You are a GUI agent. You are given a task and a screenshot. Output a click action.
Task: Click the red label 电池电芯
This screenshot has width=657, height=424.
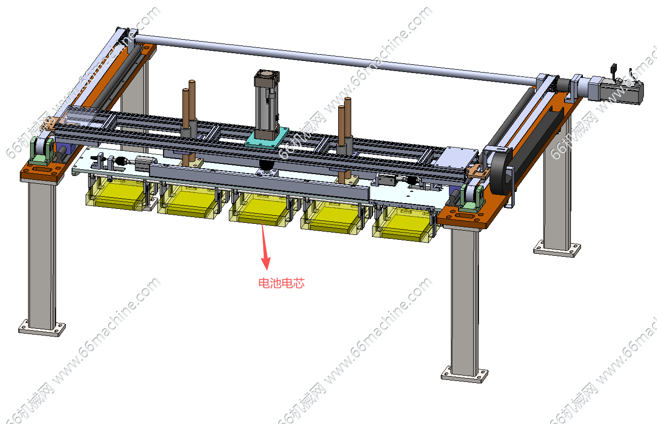(x=281, y=283)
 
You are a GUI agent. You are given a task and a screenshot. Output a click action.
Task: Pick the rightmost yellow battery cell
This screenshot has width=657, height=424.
(x=403, y=224)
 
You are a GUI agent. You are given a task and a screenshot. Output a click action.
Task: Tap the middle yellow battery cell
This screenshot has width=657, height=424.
(x=260, y=208)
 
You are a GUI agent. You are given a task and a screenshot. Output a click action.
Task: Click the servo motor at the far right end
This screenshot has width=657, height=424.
(x=616, y=88)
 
